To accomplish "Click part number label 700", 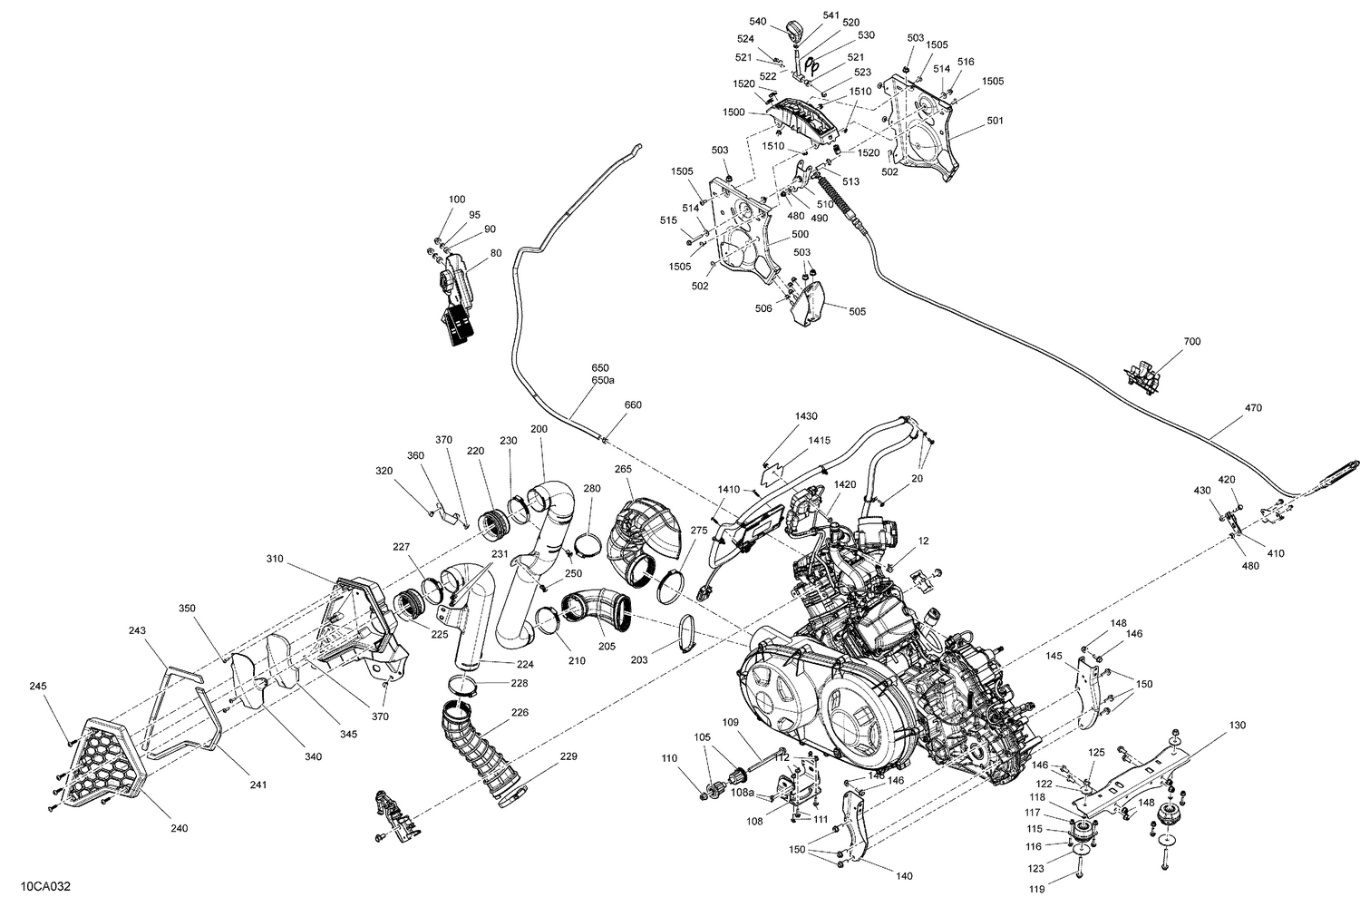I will click(x=1191, y=341).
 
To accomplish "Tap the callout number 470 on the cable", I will click(x=1252, y=408).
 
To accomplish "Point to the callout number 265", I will click(x=623, y=469).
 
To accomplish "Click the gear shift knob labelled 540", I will click(x=796, y=32).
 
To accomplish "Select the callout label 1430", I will click(x=806, y=415).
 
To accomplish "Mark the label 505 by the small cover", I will click(x=857, y=311).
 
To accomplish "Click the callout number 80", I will click(x=495, y=253).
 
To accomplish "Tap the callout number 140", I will click(x=903, y=876).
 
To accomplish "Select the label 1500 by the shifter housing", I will click(x=733, y=112).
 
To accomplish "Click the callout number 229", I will click(x=568, y=756).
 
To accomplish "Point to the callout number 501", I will click(x=996, y=120).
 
